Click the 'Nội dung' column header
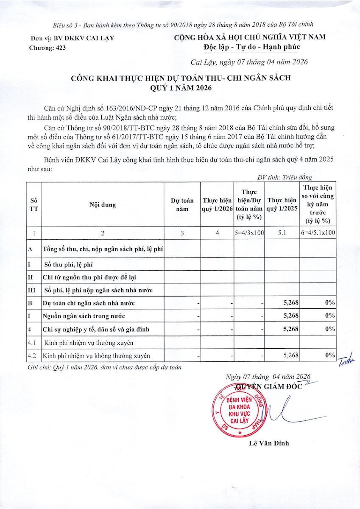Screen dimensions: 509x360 103,204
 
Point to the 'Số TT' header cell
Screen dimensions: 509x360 33,204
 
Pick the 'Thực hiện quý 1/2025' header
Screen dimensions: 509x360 282,204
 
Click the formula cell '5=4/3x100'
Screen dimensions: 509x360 249,233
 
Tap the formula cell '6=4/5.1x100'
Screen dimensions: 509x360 318,233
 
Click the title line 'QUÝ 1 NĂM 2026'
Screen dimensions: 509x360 180,88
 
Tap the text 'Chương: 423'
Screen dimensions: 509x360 47,48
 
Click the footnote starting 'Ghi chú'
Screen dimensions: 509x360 104,367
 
